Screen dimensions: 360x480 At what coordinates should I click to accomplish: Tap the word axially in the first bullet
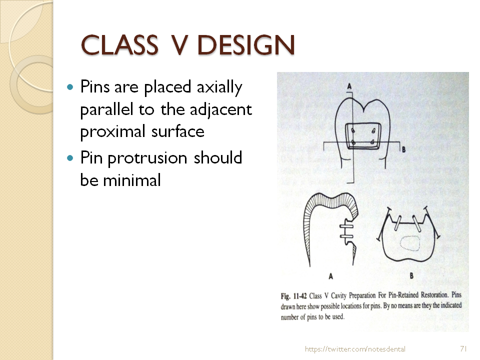pyautogui.click(x=218, y=88)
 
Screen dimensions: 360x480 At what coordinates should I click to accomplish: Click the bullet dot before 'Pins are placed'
pyautogui.click(x=70, y=87)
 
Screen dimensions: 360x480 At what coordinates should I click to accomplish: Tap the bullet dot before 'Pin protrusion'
pyautogui.click(x=70, y=158)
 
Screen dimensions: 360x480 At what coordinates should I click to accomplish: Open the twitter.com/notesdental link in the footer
pyautogui.click(x=355, y=349)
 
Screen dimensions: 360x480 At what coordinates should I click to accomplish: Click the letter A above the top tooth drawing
pyautogui.click(x=349, y=86)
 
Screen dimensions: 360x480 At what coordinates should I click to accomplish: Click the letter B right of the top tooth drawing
pyautogui.click(x=402, y=149)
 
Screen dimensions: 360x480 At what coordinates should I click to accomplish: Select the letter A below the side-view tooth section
pyautogui.click(x=330, y=275)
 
